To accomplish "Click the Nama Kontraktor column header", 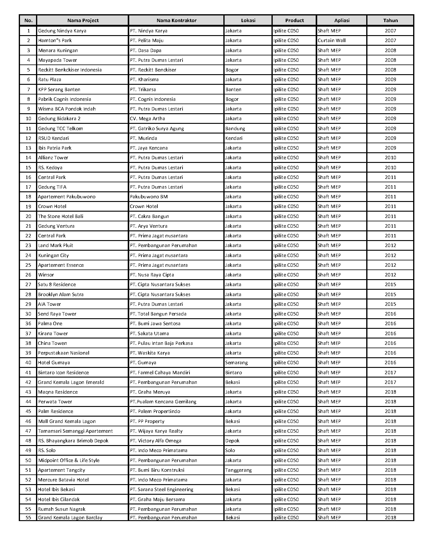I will click(176, 21).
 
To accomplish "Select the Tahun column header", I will click(390, 21).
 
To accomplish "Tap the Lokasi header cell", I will click(248, 21).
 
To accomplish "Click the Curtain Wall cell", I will click(331, 41).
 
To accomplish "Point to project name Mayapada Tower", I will click(58, 60).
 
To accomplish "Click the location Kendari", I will click(234, 138).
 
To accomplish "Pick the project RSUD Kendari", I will click(53, 138).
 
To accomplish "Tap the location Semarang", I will click(236, 363).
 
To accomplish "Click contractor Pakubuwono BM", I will click(149, 197).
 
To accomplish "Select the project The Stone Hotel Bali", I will click(61, 216).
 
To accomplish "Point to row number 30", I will click(28, 314).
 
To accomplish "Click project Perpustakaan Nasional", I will click(64, 353).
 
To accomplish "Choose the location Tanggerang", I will click(238, 470).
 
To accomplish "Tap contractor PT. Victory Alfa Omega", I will click(156, 441).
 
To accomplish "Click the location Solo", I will click(230, 451).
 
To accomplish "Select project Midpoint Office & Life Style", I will click(69, 461).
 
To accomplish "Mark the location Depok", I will click(232, 441).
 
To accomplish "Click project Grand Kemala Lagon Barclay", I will click(70, 518).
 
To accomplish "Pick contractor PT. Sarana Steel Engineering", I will click(161, 490).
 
